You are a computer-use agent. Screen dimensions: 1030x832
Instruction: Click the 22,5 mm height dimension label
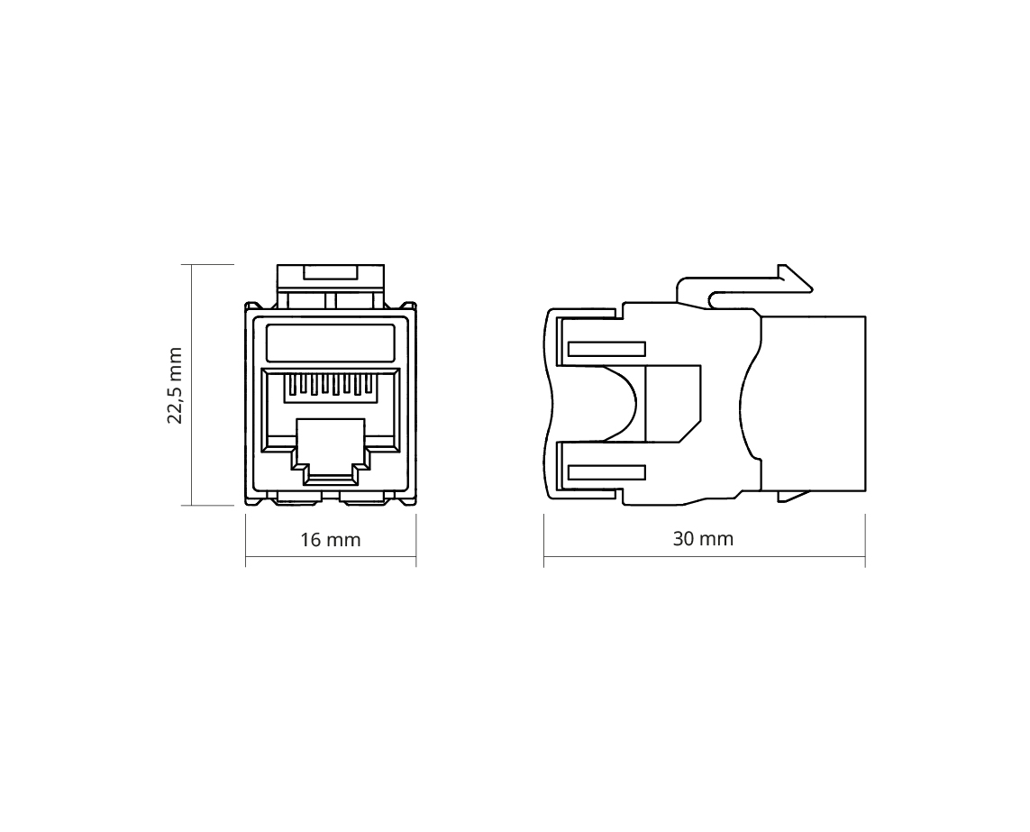point(175,385)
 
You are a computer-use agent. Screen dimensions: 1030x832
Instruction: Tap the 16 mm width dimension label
point(331,540)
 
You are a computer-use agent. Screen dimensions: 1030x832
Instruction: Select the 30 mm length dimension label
point(703,539)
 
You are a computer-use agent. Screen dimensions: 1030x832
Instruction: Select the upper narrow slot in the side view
point(606,349)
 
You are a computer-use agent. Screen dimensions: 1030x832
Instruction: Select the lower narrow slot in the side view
point(606,472)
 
